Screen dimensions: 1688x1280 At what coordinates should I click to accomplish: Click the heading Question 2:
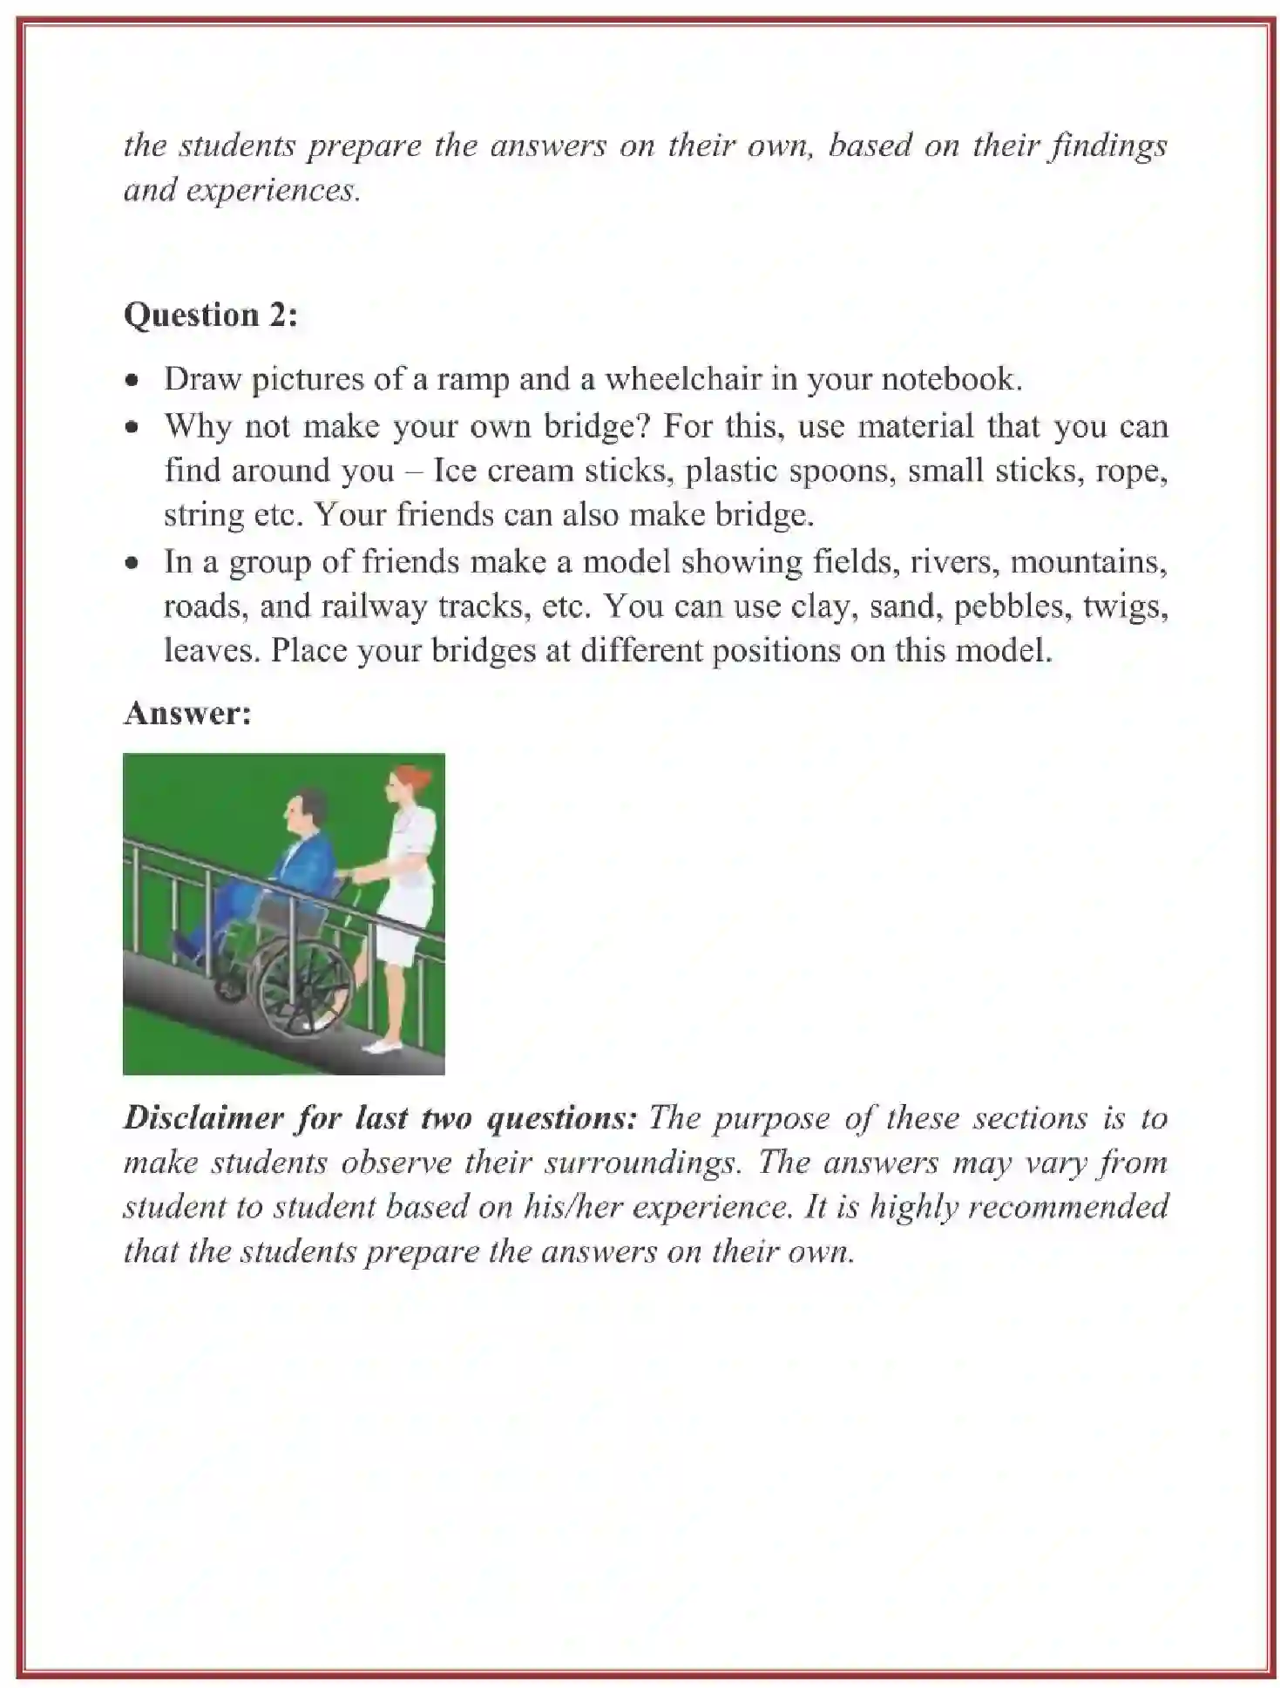tap(210, 315)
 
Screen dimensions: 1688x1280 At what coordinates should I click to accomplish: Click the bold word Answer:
tap(187, 713)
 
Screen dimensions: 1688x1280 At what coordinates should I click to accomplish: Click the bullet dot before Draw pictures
tap(132, 381)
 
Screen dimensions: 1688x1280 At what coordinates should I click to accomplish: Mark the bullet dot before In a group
tap(132, 564)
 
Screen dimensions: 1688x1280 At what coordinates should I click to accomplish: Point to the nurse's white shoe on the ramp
tap(382, 1045)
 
